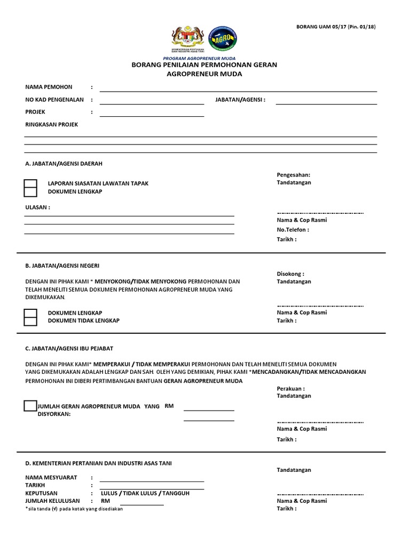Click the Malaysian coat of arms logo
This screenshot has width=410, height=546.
point(187,39)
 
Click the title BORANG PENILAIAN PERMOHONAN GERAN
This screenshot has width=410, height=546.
point(204,65)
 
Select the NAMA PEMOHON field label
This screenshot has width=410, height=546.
point(49,87)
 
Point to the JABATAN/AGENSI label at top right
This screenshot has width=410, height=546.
point(240,100)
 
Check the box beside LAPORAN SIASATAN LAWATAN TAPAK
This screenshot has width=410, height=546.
point(31,183)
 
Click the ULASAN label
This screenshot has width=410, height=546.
point(37,207)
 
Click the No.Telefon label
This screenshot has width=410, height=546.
point(292,230)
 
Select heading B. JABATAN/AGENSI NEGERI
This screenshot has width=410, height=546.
point(62,265)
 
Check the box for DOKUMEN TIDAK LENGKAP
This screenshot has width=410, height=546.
point(31,320)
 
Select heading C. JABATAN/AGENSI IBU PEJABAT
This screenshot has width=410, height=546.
point(69,348)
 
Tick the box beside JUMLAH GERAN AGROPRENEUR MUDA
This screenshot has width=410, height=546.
point(30,406)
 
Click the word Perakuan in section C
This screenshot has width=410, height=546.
point(290,389)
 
